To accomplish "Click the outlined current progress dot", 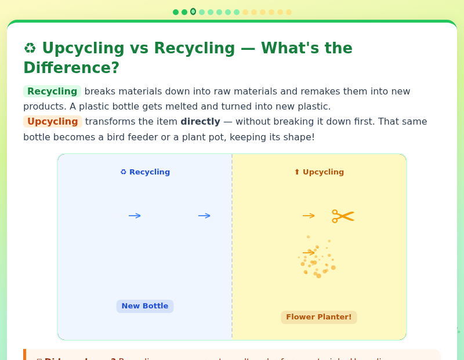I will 193,12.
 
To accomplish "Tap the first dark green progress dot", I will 176,12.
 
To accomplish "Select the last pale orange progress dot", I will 289,12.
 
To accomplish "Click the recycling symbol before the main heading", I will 30,49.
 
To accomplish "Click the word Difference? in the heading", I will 71,68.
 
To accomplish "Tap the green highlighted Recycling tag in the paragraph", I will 52,92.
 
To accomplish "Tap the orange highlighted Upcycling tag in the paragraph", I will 52,122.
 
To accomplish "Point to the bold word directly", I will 200,122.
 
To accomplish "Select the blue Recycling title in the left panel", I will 145,172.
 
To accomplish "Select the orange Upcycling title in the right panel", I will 319,172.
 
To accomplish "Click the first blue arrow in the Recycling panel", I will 135,216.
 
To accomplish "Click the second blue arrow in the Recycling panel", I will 204,216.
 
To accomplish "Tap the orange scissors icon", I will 343,216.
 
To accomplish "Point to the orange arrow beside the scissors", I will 309,216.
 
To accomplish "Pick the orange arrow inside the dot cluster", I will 309,253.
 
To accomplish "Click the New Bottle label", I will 145,306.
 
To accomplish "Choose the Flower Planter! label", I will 319,317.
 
